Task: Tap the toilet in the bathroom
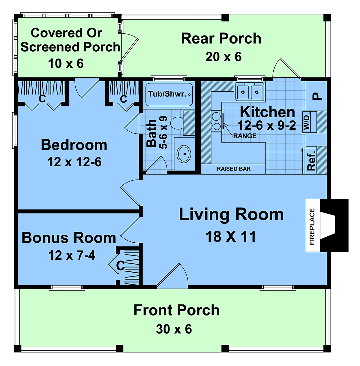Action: pos(177,123)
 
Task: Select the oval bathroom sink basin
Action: pos(184,154)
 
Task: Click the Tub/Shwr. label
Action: pos(167,94)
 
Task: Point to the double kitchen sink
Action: pos(250,92)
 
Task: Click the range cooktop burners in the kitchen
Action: pos(216,121)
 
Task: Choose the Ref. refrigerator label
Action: pos(311,161)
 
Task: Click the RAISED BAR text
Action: pos(234,169)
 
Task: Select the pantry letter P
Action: pos(317,96)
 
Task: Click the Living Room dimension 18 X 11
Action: pos(231,237)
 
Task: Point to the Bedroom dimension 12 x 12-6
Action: pos(74,162)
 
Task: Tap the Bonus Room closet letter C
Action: pos(120,265)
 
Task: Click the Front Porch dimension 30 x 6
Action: pos(174,329)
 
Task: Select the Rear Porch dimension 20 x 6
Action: pos(223,57)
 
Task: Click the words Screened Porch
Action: pos(70,47)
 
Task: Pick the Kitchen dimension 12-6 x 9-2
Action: pos(267,126)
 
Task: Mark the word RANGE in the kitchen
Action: pos(245,136)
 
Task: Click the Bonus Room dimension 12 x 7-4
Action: pos(72,255)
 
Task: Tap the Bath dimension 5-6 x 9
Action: pos(163,132)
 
